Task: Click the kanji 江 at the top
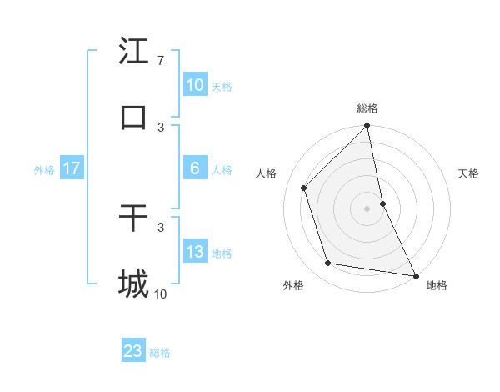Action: pos(133,52)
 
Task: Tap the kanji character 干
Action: pos(133,219)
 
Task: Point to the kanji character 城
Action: pos(133,284)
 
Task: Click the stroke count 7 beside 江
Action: pos(161,61)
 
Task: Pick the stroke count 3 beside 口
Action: pos(161,127)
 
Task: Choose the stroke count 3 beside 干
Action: pos(161,227)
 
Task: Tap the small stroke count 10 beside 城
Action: pos(161,294)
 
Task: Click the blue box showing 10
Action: pos(195,85)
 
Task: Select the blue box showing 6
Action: pos(195,168)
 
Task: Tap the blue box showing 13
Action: pos(195,252)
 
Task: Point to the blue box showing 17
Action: pos(72,168)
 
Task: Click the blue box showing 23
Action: pos(133,351)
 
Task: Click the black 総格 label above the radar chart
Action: pos(367,108)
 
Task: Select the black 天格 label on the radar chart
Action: pos(469,173)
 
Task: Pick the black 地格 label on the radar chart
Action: pos(437,286)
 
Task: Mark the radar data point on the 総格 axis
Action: pos(367,127)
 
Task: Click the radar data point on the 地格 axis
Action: pos(416,275)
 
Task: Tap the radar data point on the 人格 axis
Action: pos(304,188)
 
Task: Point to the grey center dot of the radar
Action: pos(367,209)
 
